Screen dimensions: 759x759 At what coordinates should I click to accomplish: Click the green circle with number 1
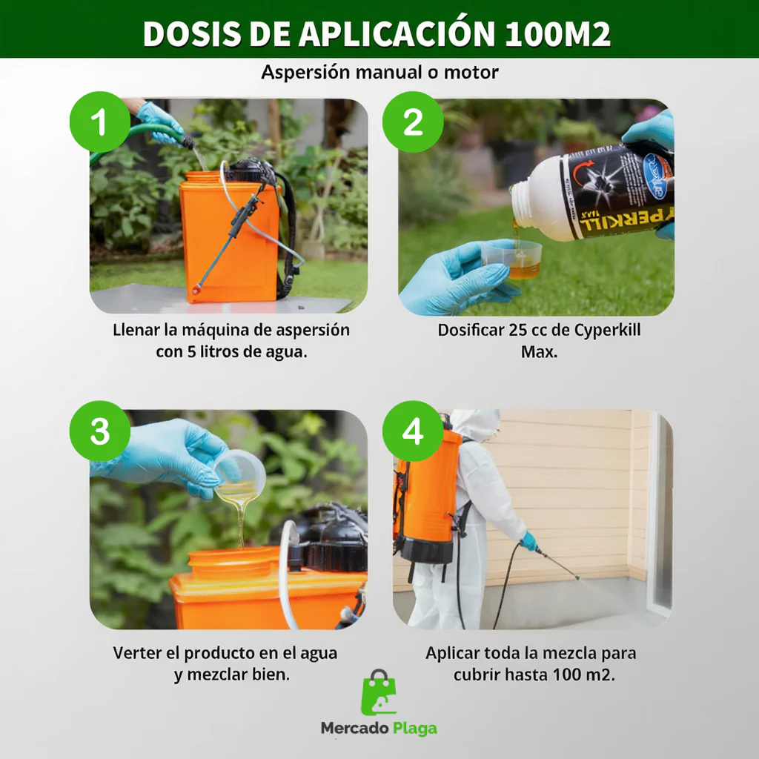coord(100,122)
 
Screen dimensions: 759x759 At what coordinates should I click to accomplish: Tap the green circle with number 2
coord(413,122)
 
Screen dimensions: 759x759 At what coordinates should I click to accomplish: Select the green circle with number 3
coord(100,431)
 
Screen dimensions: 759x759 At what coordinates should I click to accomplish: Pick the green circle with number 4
coord(413,431)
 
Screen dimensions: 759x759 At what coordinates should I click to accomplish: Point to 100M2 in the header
coord(557,34)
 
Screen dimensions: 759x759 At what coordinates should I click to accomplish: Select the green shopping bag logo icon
coord(379,693)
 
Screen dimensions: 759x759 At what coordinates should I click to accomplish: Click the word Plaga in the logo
coord(414,729)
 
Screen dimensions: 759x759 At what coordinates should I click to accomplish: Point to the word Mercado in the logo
coord(354,728)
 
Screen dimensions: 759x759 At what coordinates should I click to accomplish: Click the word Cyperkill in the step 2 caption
coord(607,331)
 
